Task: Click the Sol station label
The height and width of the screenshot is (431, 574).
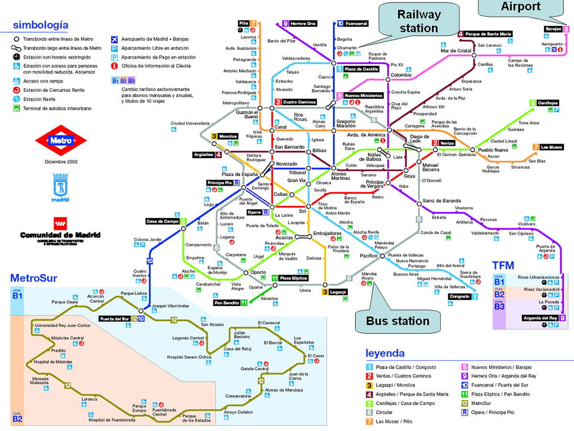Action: coord(302,210)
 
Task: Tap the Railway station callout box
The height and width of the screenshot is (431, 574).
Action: coord(419,22)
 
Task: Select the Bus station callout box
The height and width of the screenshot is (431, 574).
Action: coord(397,320)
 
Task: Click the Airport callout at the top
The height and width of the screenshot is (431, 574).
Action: coord(520,7)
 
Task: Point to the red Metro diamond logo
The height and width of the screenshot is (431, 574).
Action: coord(61,141)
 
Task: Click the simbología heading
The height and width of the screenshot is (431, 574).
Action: coord(41,25)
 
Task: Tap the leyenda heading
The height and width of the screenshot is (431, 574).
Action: coord(385,354)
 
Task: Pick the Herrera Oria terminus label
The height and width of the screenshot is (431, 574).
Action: coord(303,23)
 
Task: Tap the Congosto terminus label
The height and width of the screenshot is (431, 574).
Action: coord(460,297)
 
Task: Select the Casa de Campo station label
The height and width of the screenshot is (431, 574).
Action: coord(163,221)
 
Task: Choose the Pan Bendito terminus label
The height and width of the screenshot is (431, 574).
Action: coord(227,302)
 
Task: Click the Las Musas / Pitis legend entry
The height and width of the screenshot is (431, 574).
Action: coord(395,421)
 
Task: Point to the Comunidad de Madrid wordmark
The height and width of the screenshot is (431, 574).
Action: coord(60,235)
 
